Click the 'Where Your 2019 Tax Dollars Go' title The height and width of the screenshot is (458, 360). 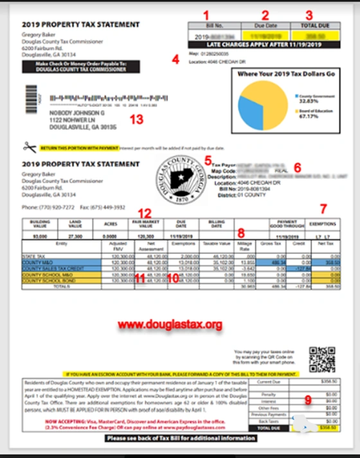click(287, 74)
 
